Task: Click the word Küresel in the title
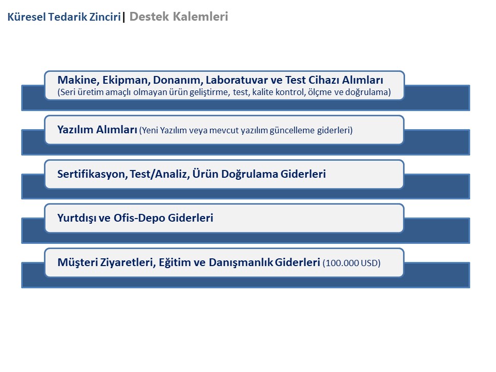pos(26,17)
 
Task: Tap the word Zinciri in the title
pos(105,17)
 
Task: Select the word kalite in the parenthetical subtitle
pos(261,92)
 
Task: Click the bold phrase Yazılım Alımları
pos(97,130)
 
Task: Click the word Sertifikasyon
pos(92,174)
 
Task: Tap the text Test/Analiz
pos(160,174)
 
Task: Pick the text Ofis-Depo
pos(139,218)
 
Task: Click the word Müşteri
pos(78,262)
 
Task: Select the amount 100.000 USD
pos(351,263)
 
